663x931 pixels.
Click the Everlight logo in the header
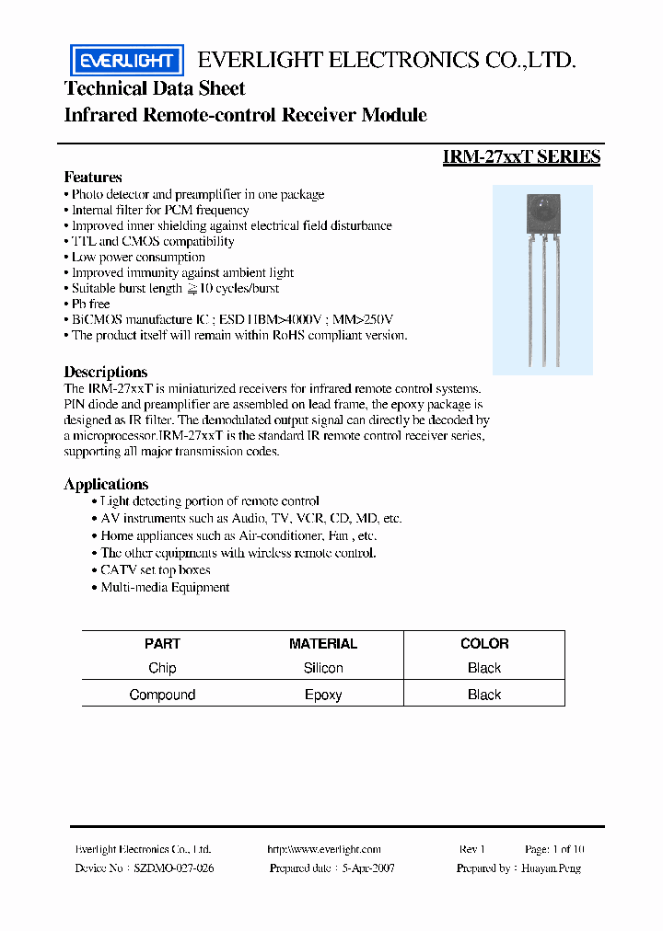(127, 61)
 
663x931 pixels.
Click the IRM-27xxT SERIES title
(521, 157)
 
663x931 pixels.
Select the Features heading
(93, 177)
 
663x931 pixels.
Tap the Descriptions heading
(105, 372)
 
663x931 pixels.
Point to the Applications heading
(106, 484)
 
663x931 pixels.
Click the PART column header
(162, 644)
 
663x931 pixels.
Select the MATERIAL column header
(323, 644)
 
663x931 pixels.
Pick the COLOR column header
(484, 644)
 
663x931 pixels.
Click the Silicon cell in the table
(323, 669)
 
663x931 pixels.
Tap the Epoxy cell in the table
(323, 695)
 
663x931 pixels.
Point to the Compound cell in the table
(162, 695)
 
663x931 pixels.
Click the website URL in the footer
(323, 849)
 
